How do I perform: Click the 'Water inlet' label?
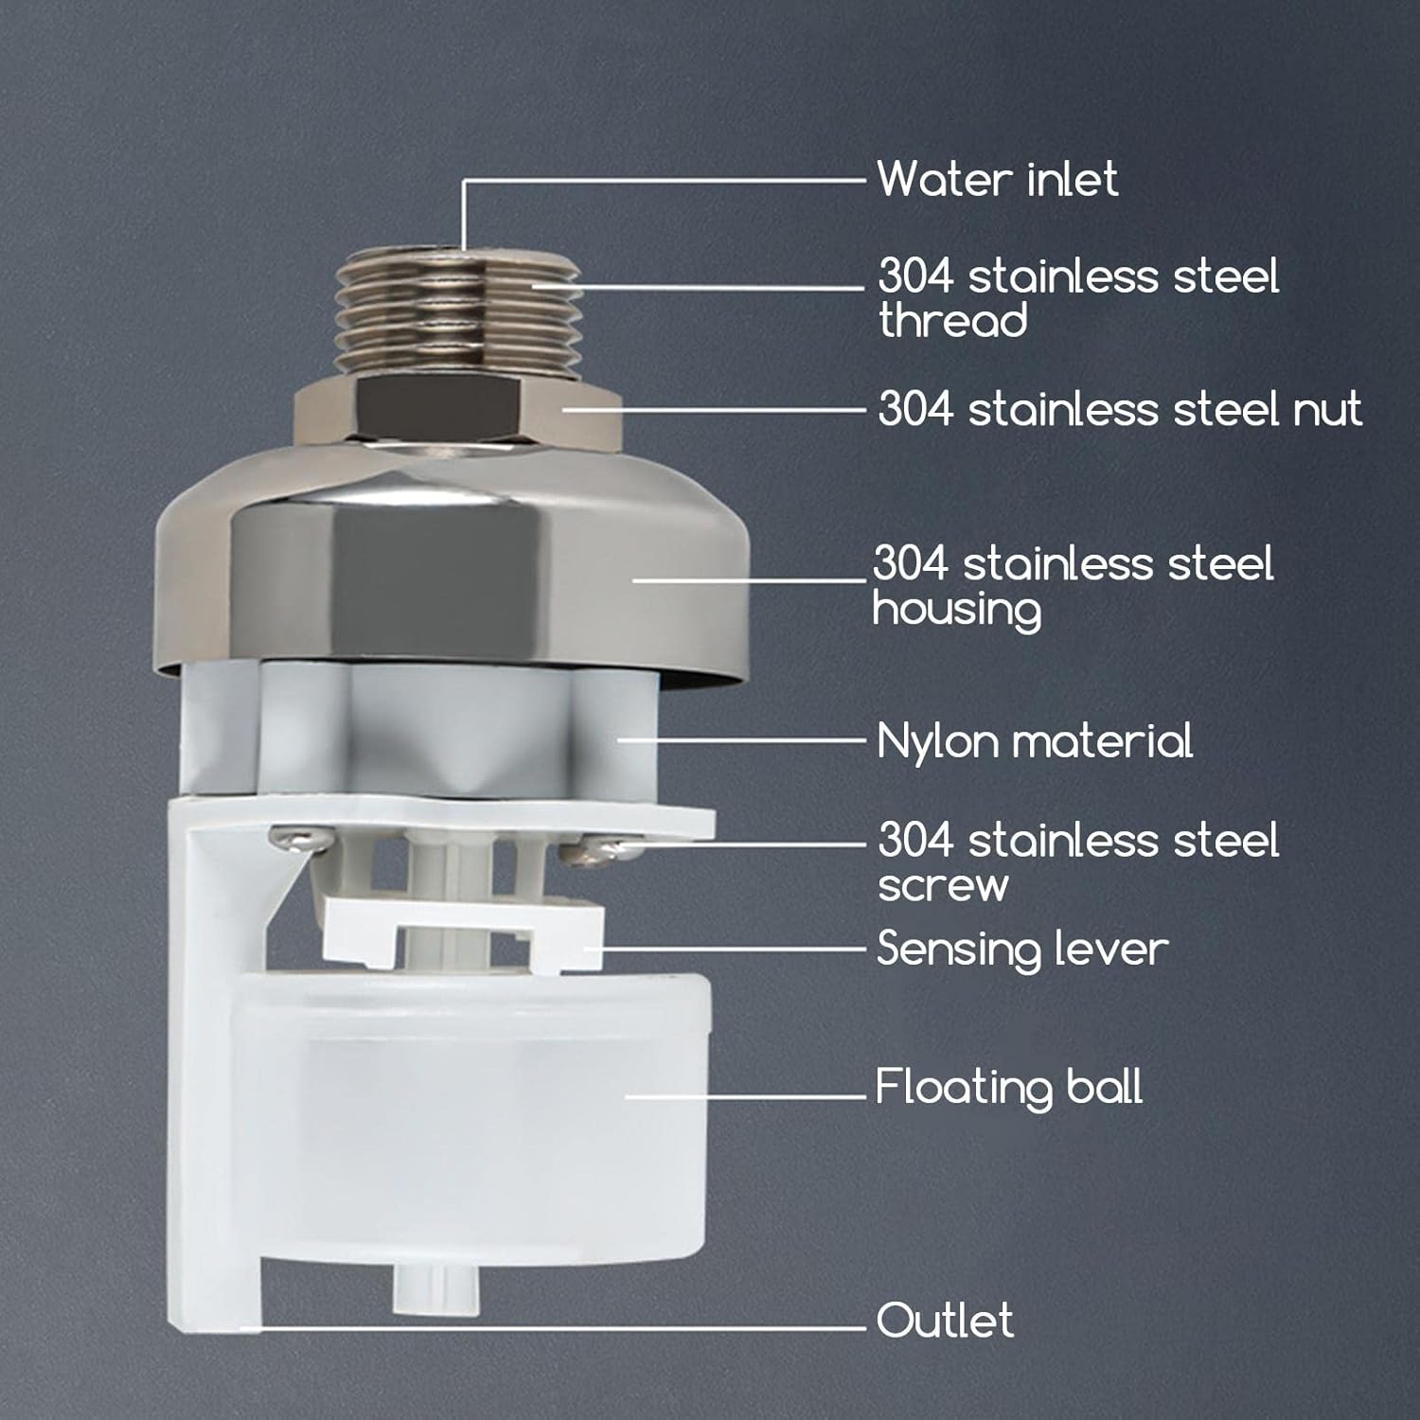(x=997, y=179)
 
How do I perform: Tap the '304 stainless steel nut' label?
(x=1119, y=409)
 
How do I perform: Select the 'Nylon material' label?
(x=1034, y=741)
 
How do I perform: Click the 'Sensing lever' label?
(x=1022, y=949)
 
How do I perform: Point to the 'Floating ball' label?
(x=1008, y=1087)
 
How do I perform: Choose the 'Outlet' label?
(x=945, y=1320)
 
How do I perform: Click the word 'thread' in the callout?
(x=952, y=320)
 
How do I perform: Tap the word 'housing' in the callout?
(x=956, y=609)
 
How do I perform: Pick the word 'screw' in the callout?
(x=943, y=885)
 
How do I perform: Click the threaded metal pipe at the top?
(x=461, y=303)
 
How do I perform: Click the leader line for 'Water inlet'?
(x=663, y=178)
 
